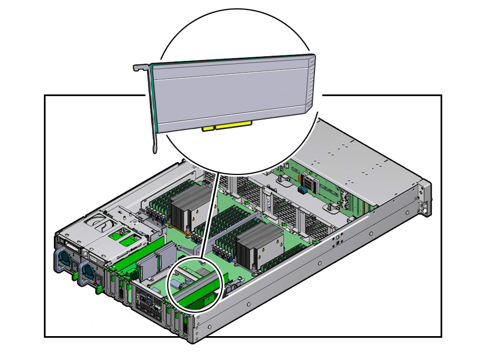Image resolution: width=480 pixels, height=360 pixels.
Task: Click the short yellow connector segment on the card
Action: point(208,128)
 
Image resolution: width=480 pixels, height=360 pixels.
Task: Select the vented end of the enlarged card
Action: point(311,83)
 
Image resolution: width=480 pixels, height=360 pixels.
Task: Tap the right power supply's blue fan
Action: point(87,272)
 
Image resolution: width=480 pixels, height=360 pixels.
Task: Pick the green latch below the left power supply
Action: point(74,273)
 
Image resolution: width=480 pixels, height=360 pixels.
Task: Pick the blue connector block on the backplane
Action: point(304,191)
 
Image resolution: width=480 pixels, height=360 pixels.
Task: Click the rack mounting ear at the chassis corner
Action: point(425,198)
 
